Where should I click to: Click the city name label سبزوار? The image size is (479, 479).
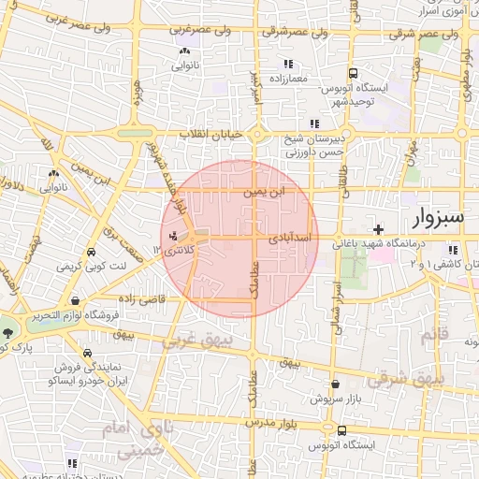436,219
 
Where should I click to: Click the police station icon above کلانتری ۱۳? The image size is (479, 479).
174,235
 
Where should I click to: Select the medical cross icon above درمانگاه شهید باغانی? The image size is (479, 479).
378,229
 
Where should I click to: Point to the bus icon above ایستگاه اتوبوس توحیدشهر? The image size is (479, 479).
353,73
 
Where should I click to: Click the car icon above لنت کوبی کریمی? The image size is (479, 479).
91,254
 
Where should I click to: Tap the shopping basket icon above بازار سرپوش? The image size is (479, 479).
335,384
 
